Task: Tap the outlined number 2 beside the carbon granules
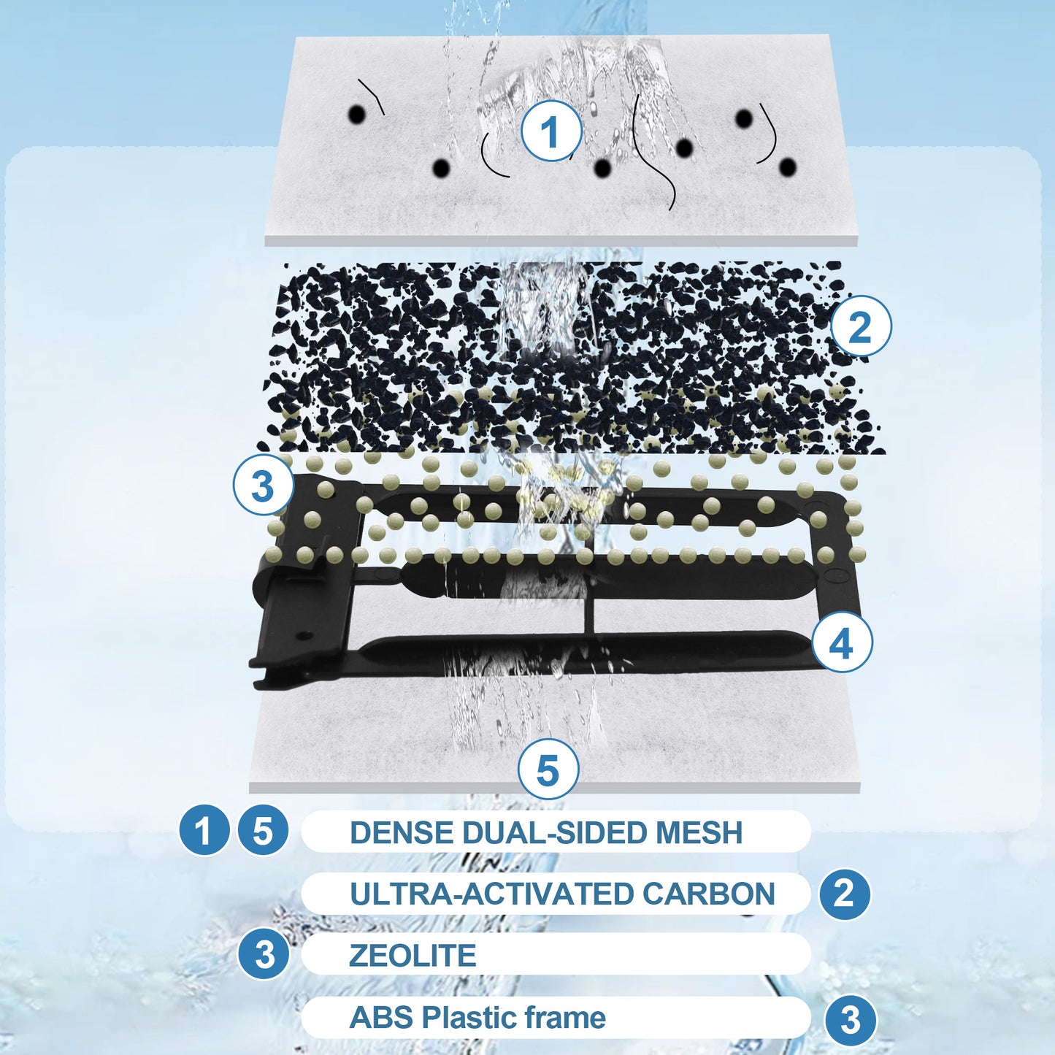861,327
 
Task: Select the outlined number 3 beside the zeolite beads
263,486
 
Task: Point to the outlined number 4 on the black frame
842,644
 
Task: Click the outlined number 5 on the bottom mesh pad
548,770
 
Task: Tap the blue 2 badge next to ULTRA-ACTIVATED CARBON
844,894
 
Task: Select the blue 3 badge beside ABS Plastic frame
851,1019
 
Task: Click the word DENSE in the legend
402,832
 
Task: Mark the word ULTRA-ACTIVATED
491,894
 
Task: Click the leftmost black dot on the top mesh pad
357,115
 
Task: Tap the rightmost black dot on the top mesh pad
788,167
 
